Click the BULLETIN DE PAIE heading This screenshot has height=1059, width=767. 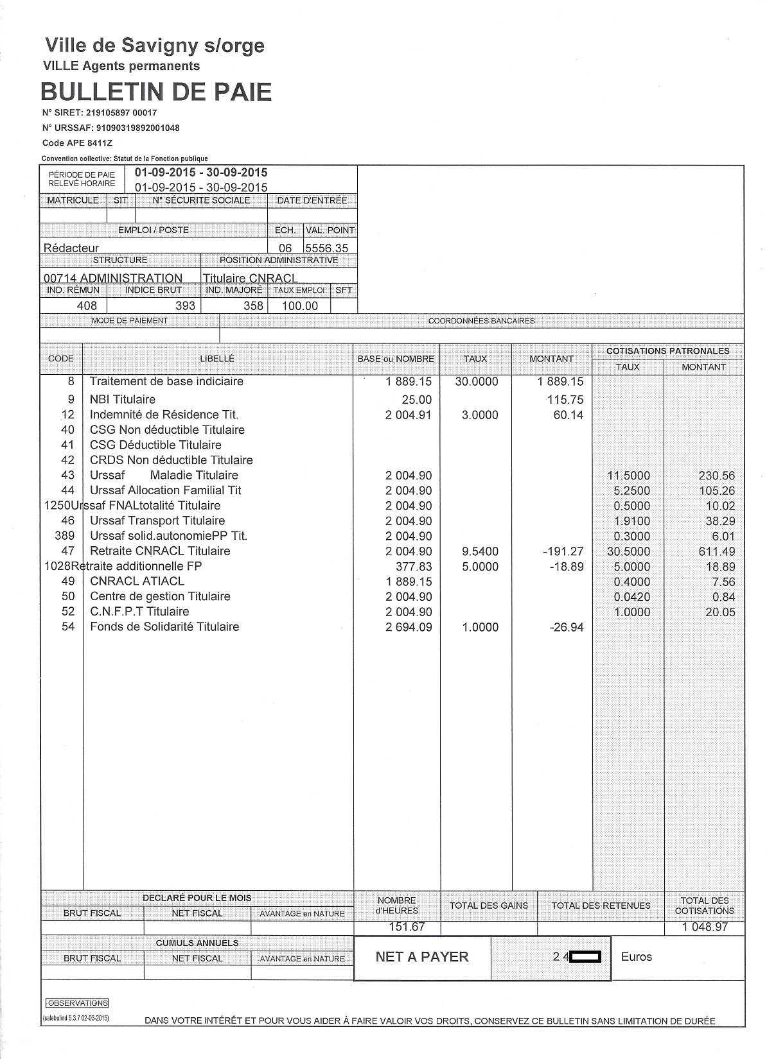[x=156, y=92]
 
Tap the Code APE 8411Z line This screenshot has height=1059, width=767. [x=72, y=143]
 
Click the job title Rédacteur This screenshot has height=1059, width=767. [x=71, y=248]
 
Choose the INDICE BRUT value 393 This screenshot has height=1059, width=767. [x=185, y=306]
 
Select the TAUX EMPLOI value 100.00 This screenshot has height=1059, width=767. [x=300, y=306]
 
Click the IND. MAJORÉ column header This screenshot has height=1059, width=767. [x=234, y=290]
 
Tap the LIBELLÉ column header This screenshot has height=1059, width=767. [x=217, y=359]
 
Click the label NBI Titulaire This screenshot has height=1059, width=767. [x=123, y=399]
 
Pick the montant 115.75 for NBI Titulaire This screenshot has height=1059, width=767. [x=565, y=399]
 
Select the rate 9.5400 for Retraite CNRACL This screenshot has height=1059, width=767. [x=480, y=551]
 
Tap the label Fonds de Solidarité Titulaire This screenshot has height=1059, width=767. [x=164, y=627]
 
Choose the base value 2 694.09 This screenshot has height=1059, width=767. [x=409, y=627]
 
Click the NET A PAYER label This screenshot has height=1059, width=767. [x=422, y=957]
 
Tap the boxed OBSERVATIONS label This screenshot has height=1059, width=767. [x=78, y=1003]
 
